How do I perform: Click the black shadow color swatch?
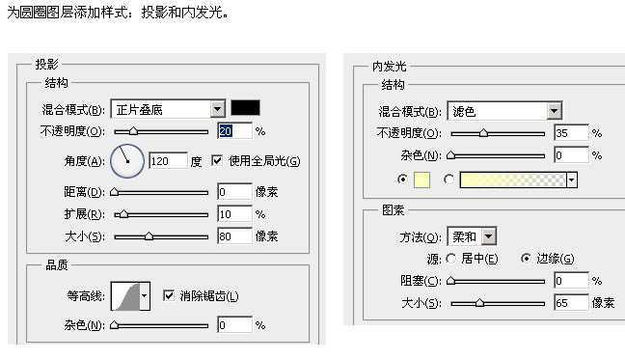point(244,108)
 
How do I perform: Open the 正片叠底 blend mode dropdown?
point(217,109)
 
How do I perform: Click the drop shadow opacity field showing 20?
point(234,130)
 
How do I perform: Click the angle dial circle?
point(126,160)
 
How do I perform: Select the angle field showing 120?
point(167,161)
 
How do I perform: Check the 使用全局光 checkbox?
point(216,160)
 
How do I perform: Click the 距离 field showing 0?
point(234,192)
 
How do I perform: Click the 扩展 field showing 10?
point(234,213)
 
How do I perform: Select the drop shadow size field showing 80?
point(234,235)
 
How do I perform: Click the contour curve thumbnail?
point(126,295)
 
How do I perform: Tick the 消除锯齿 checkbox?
point(169,294)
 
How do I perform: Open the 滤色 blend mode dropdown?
point(555,111)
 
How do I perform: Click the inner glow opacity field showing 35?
point(571,133)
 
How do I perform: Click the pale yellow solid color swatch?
point(421,180)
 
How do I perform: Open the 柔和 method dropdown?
point(489,235)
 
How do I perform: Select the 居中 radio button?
point(450,259)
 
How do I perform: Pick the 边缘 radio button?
point(526,259)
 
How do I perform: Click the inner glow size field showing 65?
point(571,303)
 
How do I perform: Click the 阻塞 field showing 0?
point(571,281)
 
